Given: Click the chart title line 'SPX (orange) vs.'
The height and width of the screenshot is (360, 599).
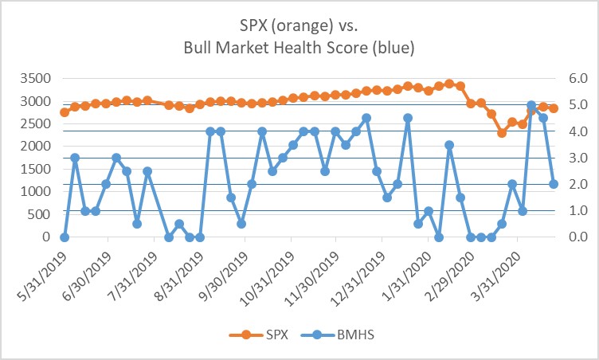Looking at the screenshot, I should (300, 25).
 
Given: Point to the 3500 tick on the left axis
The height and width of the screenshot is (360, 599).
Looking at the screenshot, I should (41, 78).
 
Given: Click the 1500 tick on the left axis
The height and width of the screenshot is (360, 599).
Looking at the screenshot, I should (41, 169).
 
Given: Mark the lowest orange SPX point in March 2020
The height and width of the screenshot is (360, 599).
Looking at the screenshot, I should (502, 133).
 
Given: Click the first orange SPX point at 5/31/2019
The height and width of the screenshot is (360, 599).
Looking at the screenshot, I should (65, 112).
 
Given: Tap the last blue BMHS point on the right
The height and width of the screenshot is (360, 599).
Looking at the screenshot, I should (554, 184).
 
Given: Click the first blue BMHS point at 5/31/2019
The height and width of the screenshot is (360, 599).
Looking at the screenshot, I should (65, 237).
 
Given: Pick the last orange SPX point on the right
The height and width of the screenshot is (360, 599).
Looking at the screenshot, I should (554, 108).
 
